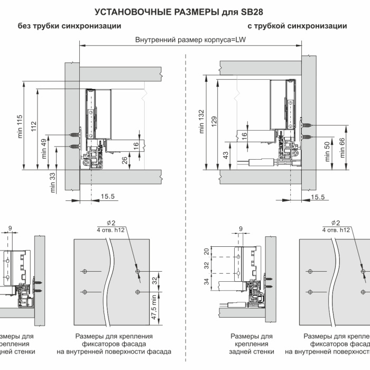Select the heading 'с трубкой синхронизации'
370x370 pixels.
click(x=297, y=26)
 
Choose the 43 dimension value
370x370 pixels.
click(x=226, y=155)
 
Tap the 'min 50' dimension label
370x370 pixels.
click(x=327, y=151)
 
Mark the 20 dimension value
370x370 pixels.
click(x=207, y=252)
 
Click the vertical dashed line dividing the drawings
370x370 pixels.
click(x=187, y=211)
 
